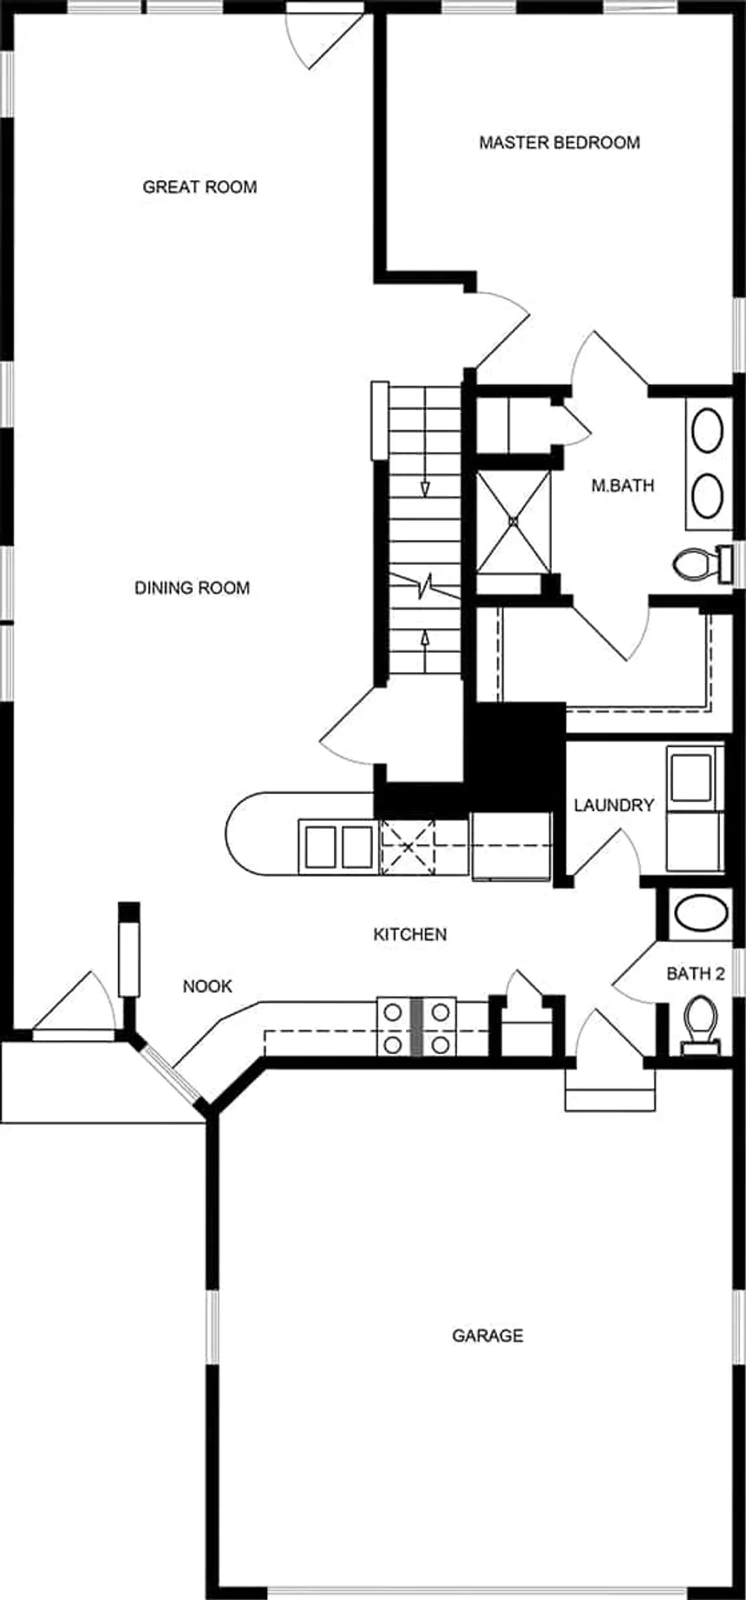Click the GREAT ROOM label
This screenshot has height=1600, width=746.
(x=200, y=186)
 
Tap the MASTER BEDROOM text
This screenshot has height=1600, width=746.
(x=559, y=142)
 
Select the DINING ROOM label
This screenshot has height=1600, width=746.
(x=192, y=588)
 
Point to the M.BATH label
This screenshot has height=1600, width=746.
(x=623, y=485)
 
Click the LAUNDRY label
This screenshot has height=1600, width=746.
(x=614, y=805)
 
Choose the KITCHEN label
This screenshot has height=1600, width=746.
(x=410, y=934)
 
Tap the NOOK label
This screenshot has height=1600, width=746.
(x=207, y=986)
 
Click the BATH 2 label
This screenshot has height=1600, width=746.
(x=696, y=974)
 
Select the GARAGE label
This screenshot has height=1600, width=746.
(x=488, y=1336)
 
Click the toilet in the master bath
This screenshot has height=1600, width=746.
(x=703, y=564)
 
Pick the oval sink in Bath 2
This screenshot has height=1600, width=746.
(x=703, y=914)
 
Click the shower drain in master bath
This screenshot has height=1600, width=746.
(x=513, y=522)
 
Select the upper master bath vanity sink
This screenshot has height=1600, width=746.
(x=707, y=431)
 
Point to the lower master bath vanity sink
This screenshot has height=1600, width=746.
(x=707, y=495)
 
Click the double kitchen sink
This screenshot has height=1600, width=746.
(x=339, y=847)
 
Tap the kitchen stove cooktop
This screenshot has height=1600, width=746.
(x=417, y=1027)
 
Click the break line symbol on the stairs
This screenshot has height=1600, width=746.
(x=424, y=589)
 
